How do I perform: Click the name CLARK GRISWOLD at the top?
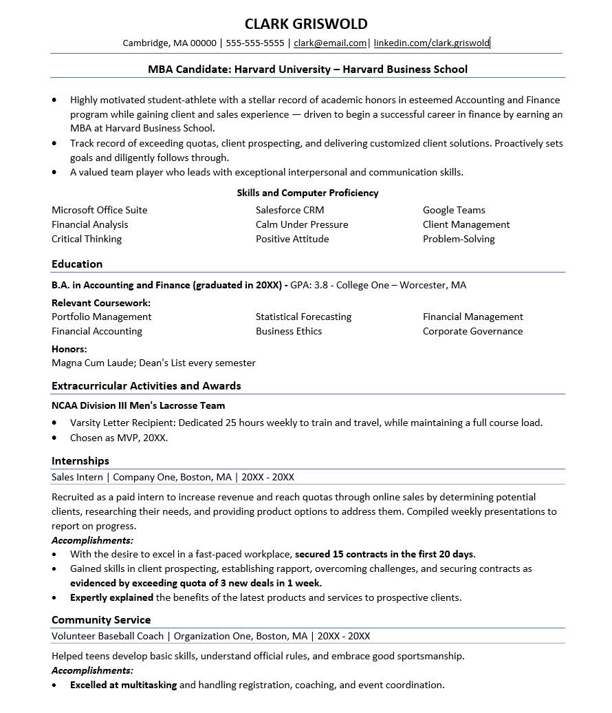[306, 24]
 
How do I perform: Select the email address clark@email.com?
[330, 43]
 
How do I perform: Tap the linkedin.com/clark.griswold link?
[432, 43]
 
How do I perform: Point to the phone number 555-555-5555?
[254, 43]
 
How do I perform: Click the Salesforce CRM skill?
[289, 210]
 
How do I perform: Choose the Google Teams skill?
[454, 210]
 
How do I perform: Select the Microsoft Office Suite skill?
[100, 210]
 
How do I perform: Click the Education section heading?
[77, 264]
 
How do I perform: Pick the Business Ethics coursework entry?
[289, 331]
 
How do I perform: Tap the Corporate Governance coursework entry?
[472, 331]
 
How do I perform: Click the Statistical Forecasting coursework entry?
[303, 317]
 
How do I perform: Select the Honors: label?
[69, 349]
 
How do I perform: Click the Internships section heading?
[80, 461]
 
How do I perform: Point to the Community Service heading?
[101, 620]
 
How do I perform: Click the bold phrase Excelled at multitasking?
[123, 685]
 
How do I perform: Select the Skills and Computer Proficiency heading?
[307, 193]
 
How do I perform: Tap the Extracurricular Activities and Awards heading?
[146, 385]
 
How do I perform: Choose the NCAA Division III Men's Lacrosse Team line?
[138, 405]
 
